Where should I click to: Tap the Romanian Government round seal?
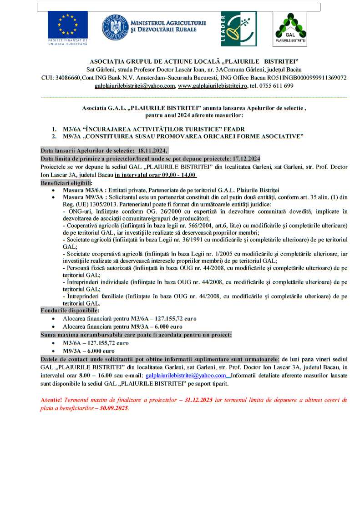click(x=115, y=27)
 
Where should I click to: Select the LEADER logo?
click(x=241, y=28)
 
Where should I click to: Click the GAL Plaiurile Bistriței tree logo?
click(x=289, y=28)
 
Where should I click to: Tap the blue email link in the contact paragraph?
click(x=185, y=376)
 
